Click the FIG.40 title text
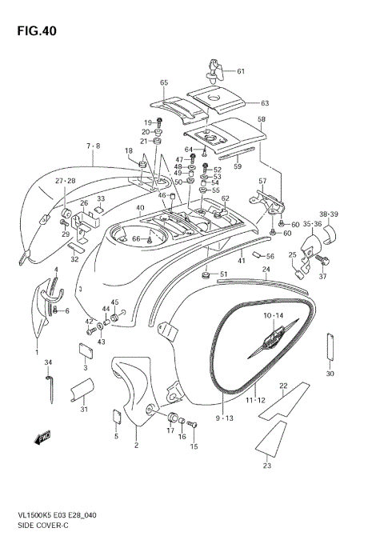click(x=37, y=31)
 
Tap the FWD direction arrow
click(x=42, y=438)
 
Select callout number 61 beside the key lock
click(x=241, y=71)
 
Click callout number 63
click(x=265, y=103)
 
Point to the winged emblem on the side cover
click(x=273, y=338)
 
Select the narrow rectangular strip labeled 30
click(x=330, y=348)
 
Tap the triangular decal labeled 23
click(x=271, y=438)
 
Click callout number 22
click(x=283, y=386)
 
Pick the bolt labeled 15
click(x=192, y=424)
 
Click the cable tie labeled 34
click(x=50, y=389)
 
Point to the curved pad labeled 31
click(x=83, y=390)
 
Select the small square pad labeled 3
click(x=86, y=350)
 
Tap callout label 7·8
click(x=93, y=146)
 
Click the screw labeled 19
click(x=159, y=122)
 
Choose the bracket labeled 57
click(x=267, y=202)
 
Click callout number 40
click(x=140, y=208)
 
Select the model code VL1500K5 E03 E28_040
click(x=57, y=515)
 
